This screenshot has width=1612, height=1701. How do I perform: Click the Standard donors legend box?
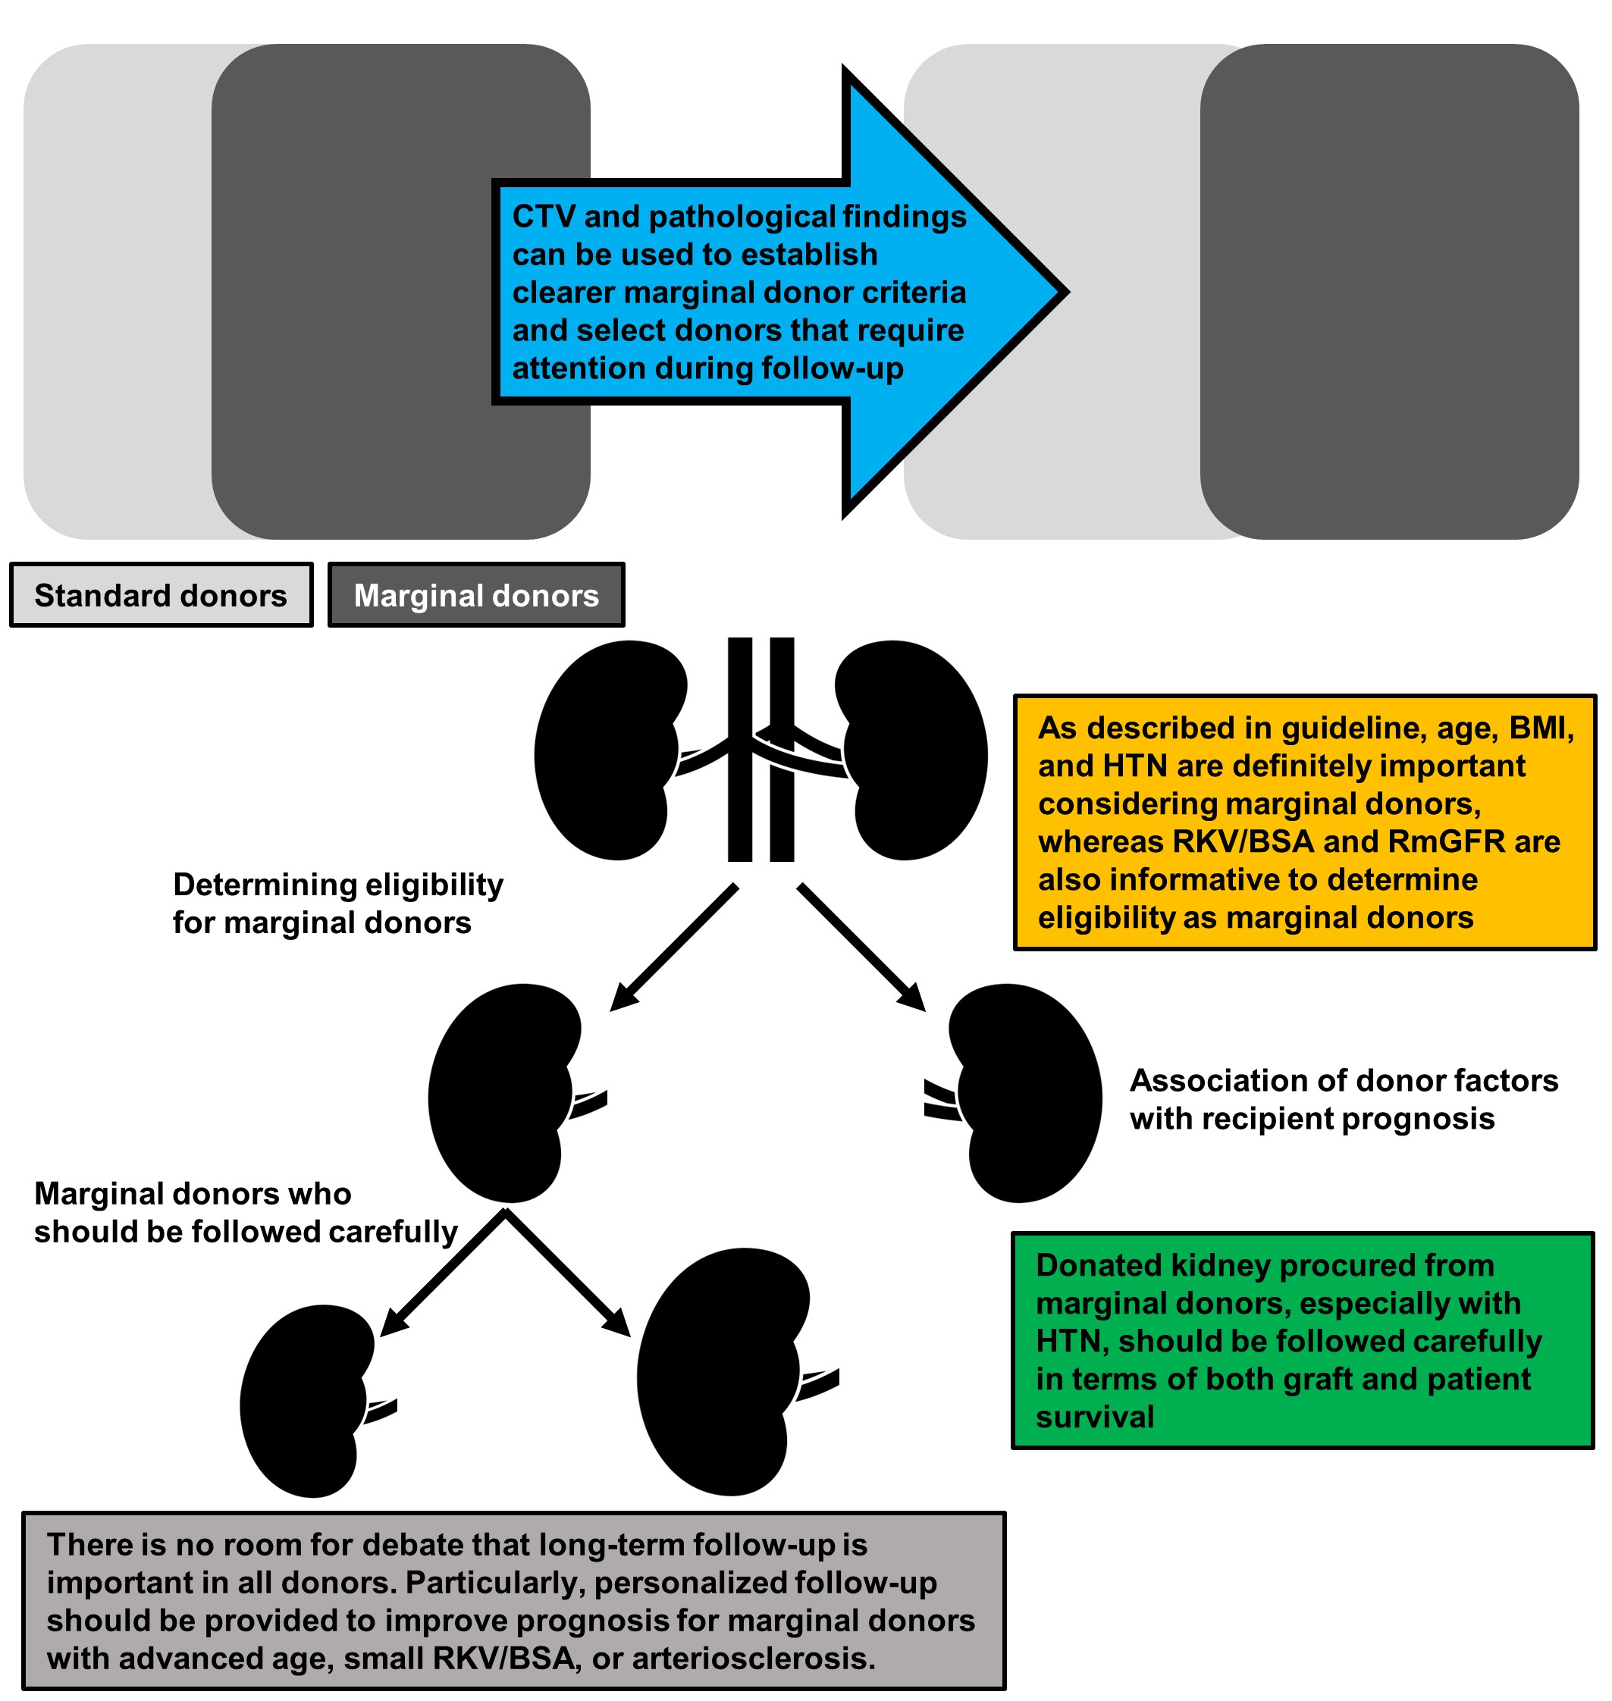click(161, 595)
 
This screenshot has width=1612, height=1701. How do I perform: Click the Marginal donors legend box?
click(476, 595)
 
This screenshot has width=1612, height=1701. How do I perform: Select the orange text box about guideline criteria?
click(1304, 822)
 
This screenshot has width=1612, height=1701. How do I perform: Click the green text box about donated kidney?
click(1302, 1340)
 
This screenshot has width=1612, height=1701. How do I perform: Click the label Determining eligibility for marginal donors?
click(337, 903)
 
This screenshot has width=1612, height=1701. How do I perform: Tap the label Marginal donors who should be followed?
click(245, 1212)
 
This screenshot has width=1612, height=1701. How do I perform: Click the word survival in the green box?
click(1094, 1417)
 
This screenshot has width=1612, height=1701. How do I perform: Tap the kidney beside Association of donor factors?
click(1027, 1093)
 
